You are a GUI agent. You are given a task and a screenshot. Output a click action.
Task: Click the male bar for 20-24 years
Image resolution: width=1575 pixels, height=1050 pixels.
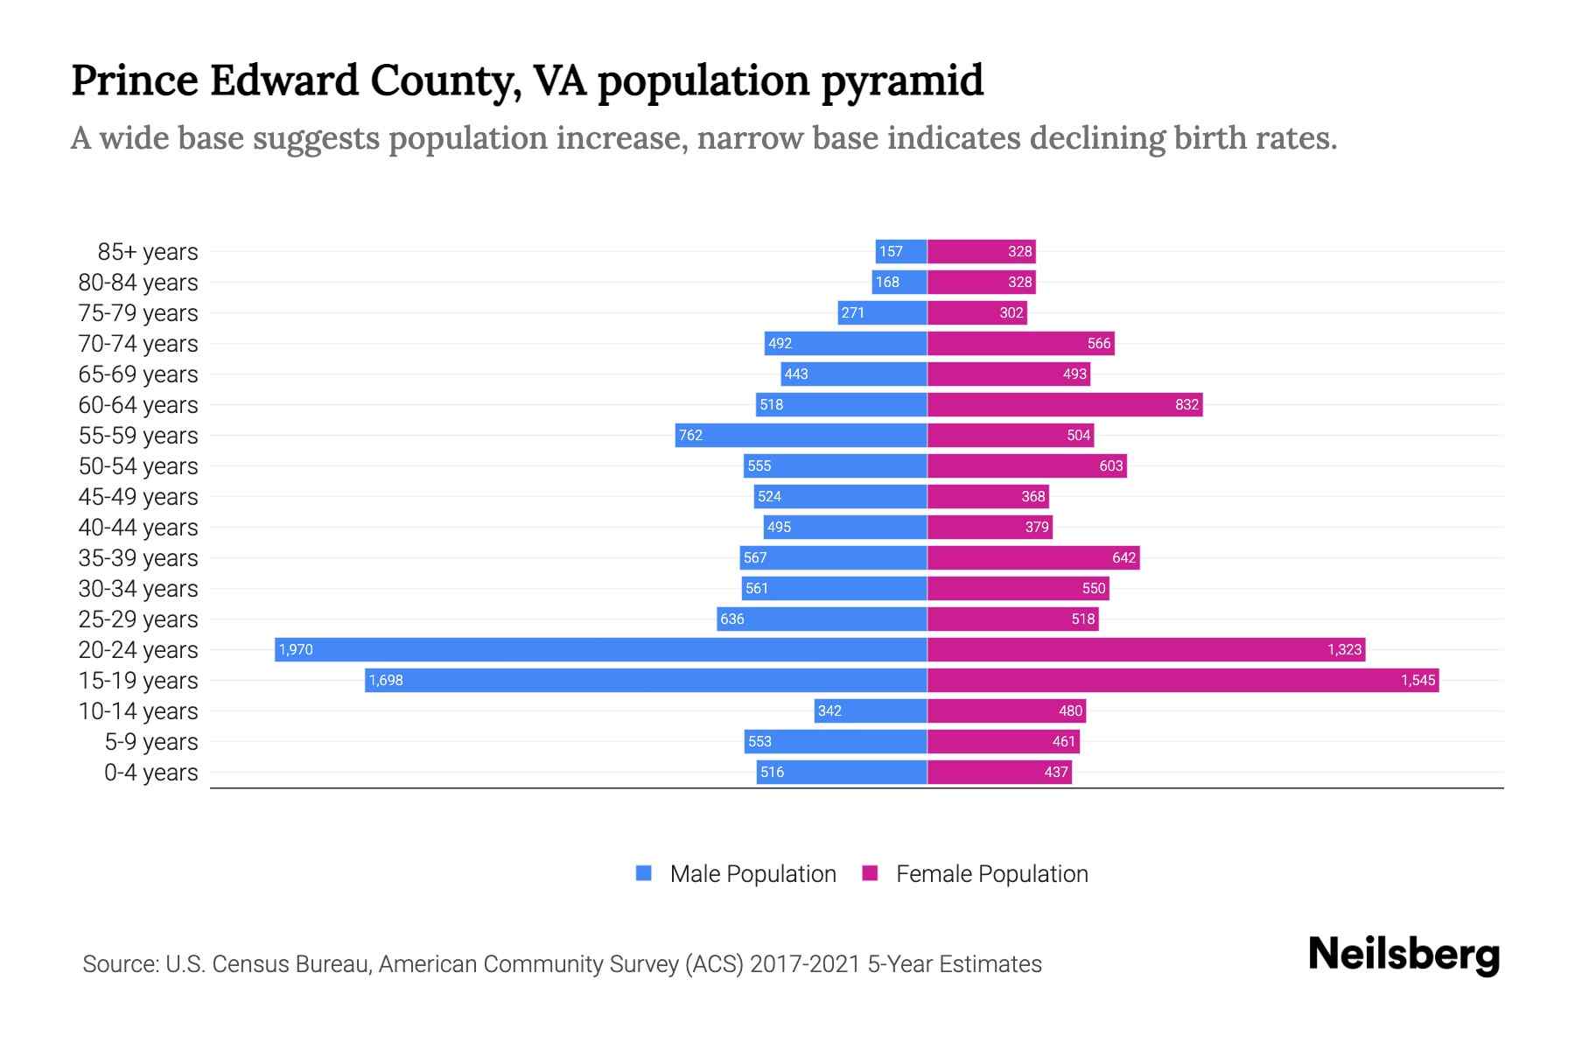click(x=600, y=649)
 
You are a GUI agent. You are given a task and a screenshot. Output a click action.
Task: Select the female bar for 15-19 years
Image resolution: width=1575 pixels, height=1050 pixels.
click(x=1183, y=680)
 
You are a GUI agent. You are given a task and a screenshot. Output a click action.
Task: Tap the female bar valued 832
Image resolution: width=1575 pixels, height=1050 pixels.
click(x=1064, y=404)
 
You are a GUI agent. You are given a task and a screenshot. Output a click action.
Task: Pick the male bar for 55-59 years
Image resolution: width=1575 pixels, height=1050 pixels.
click(x=801, y=435)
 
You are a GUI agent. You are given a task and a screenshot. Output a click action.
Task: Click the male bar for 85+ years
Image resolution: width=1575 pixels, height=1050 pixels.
click(x=901, y=251)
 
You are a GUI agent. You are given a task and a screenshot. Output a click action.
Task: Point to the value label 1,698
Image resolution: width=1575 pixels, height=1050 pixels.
click(x=386, y=681)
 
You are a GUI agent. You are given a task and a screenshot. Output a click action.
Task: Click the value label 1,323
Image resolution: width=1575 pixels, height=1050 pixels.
click(x=1344, y=649)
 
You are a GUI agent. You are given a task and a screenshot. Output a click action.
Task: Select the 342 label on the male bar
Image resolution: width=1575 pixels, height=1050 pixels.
click(x=829, y=710)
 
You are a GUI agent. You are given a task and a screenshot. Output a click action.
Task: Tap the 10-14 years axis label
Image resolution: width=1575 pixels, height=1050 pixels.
click(x=138, y=711)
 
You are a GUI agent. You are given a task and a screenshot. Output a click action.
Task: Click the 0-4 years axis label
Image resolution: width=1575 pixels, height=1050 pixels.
click(x=150, y=773)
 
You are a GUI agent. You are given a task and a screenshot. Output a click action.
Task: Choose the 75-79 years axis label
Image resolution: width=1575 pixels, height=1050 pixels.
click(x=138, y=313)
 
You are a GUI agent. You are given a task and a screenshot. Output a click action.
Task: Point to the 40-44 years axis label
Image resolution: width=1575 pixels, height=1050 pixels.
click(x=138, y=528)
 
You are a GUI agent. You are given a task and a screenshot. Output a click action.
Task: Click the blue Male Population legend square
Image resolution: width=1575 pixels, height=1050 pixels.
click(x=644, y=873)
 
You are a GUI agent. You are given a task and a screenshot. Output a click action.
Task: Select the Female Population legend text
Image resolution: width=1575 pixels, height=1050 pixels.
click(x=991, y=874)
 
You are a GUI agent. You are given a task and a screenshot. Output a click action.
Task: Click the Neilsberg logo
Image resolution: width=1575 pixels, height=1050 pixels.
click(x=1403, y=955)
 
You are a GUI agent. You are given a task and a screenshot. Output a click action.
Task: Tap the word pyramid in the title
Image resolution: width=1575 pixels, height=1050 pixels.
click(x=902, y=81)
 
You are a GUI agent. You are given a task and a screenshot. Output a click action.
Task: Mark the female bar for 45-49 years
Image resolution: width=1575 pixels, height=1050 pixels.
click(x=988, y=496)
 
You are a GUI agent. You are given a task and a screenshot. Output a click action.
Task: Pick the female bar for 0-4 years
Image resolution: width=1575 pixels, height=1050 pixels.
click(x=999, y=772)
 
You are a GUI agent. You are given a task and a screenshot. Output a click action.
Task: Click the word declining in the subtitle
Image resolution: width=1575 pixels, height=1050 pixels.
click(x=1097, y=138)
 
